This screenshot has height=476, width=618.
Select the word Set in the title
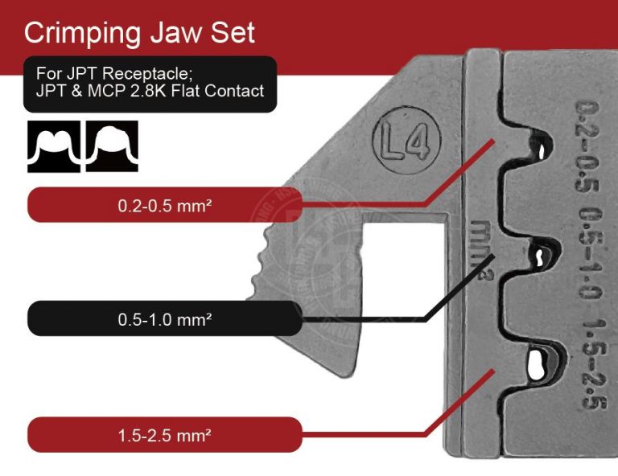point(234,33)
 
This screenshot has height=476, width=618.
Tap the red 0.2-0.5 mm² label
point(165,205)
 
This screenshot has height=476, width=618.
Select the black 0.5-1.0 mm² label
point(165,318)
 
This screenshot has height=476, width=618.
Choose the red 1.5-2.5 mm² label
point(165,435)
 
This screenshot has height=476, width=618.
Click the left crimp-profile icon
point(54,146)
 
